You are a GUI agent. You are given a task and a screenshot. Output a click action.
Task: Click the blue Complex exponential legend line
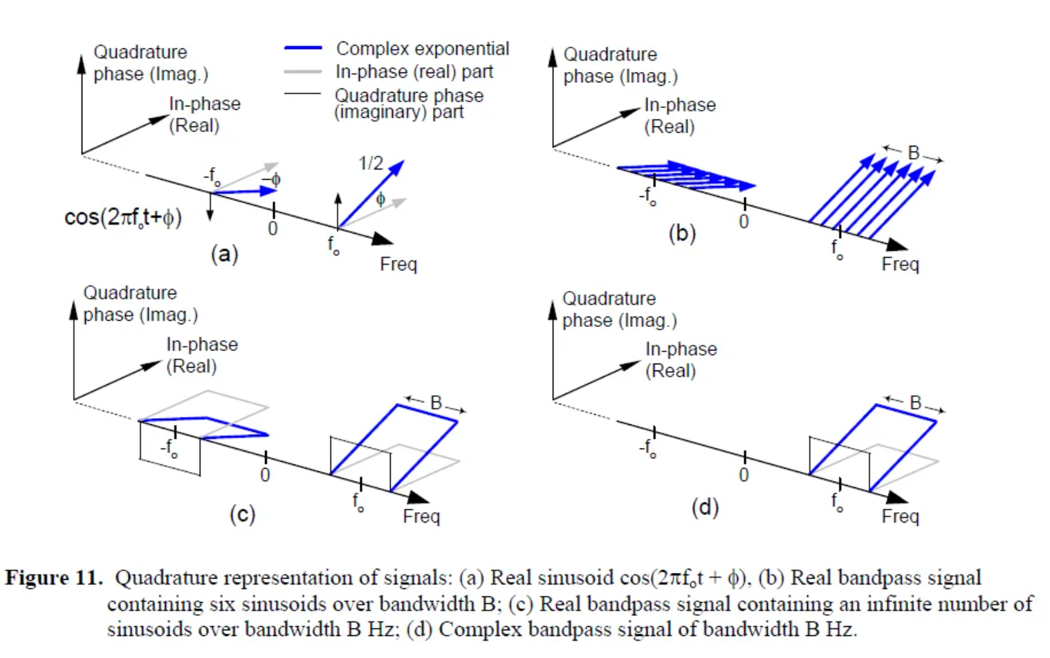[x=303, y=48]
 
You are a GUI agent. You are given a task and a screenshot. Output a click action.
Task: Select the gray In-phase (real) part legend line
[x=303, y=72]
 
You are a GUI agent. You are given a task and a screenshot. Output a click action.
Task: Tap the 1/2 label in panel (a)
[x=371, y=163]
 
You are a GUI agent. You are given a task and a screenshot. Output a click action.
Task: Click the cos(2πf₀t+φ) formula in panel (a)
[x=123, y=218]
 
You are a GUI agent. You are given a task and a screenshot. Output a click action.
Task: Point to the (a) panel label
[x=225, y=254]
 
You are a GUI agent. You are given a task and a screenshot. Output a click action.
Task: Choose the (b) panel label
[x=682, y=233]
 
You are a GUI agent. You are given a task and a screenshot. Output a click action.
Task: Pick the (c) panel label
[x=242, y=514]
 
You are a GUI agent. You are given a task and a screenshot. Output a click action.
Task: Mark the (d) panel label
[x=705, y=507]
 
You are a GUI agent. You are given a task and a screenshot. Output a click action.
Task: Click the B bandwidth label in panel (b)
[x=914, y=153]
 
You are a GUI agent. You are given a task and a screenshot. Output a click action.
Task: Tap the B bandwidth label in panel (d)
[x=916, y=402]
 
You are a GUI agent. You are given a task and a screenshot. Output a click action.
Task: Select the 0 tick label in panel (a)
[x=273, y=229]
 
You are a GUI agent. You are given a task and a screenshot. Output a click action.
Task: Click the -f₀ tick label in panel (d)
[x=647, y=448]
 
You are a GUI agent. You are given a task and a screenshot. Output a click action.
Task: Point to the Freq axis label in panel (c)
[x=421, y=516]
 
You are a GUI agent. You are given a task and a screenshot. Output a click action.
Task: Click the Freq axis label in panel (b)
[x=900, y=264]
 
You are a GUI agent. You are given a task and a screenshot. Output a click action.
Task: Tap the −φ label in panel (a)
[x=271, y=180]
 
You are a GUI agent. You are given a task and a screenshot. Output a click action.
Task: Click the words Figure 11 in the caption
[x=53, y=577]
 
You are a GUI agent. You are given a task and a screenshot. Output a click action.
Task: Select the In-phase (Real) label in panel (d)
[x=681, y=359]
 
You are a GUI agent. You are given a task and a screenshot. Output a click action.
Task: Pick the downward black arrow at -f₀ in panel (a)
[x=210, y=207]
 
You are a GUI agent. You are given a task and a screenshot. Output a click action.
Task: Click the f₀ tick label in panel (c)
[x=358, y=502]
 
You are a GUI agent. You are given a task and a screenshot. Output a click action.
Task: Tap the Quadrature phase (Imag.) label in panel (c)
[x=140, y=303]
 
